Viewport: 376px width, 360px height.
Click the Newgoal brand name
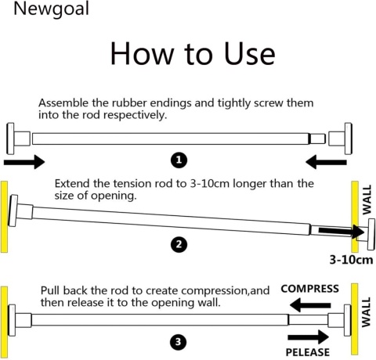click(x=51, y=9)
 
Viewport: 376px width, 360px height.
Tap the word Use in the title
click(x=249, y=53)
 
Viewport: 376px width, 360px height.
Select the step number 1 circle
click(x=179, y=160)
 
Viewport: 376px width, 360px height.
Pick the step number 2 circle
click(x=179, y=244)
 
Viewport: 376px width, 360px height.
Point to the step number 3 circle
click(x=179, y=342)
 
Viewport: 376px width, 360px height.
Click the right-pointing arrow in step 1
click(x=24, y=162)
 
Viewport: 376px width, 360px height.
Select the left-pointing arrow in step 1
click(x=326, y=162)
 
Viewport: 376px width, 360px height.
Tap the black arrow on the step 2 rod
click(x=342, y=231)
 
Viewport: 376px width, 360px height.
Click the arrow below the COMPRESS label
click(x=310, y=305)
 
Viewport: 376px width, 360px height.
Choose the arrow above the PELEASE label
click(x=308, y=337)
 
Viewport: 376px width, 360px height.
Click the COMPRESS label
click(x=310, y=289)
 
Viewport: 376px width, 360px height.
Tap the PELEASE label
click(x=308, y=352)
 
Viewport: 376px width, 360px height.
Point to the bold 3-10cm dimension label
click(x=351, y=260)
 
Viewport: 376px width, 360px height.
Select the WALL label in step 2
click(x=367, y=200)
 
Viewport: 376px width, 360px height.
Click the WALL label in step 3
click(x=366, y=312)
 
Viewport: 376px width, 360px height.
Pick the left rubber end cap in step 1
click(x=18, y=139)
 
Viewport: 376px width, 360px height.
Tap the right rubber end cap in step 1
click(x=340, y=139)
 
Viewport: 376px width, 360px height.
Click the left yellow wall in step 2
click(x=4, y=217)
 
